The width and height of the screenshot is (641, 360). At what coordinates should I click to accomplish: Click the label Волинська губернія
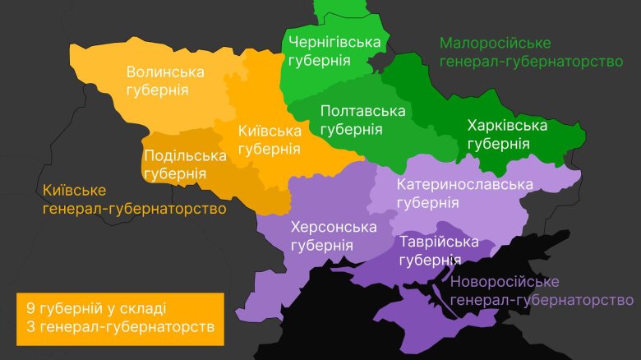(x=164, y=81)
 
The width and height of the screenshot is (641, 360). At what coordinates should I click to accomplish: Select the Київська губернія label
(x=269, y=140)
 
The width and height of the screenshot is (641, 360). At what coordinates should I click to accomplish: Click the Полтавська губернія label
(x=362, y=120)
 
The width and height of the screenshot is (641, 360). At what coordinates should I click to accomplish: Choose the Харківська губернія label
(x=506, y=134)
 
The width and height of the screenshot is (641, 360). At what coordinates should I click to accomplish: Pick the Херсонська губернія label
(x=333, y=236)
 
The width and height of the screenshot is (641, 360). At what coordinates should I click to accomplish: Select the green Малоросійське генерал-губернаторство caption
(x=530, y=52)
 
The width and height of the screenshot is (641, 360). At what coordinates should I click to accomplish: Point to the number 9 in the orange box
(x=30, y=308)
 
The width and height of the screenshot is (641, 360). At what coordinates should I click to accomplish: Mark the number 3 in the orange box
(x=30, y=327)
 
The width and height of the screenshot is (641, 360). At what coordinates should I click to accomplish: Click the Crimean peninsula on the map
(x=419, y=316)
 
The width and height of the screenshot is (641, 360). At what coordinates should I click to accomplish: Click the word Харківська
(x=506, y=125)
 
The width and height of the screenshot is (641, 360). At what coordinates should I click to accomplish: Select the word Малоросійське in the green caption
(x=495, y=43)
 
